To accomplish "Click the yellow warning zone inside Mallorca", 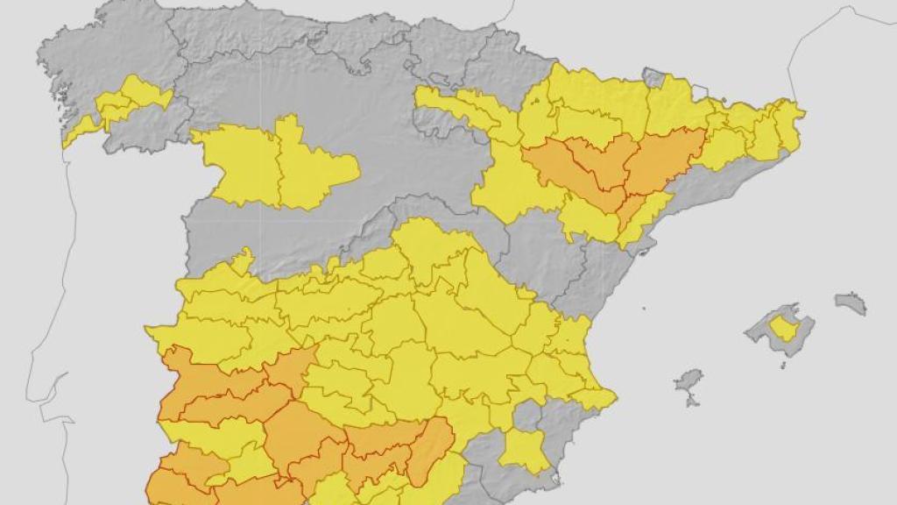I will pos(781,330).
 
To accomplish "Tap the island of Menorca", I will pos(851,303).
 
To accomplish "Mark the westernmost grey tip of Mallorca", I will pos(749,331).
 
